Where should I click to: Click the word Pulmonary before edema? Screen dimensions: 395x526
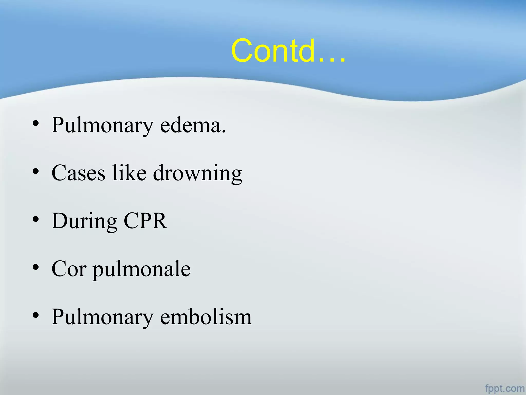point(102,125)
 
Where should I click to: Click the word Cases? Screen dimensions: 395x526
point(78,173)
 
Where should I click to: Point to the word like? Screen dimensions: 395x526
point(129,173)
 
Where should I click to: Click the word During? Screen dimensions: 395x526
point(84,221)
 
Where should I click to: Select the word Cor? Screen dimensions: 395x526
point(69,269)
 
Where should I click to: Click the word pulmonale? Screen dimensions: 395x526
point(142,270)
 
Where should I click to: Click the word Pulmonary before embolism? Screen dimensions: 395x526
point(102,317)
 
